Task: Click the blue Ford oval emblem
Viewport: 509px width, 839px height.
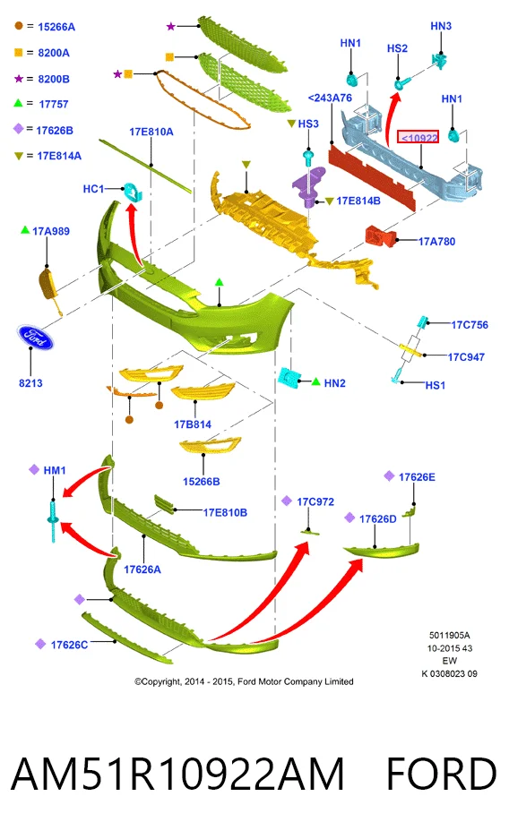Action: pyautogui.click(x=35, y=337)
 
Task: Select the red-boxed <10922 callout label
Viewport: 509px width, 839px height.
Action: pyautogui.click(x=418, y=138)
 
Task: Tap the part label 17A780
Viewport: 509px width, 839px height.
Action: pyautogui.click(x=436, y=242)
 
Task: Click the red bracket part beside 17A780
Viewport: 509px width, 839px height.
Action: pyautogui.click(x=381, y=235)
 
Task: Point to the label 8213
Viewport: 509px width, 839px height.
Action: pyautogui.click(x=30, y=383)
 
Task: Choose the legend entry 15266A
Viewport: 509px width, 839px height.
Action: pyautogui.click(x=56, y=27)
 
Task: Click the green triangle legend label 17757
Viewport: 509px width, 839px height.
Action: pyautogui.click(x=54, y=105)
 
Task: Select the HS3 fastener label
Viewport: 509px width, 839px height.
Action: pyautogui.click(x=308, y=124)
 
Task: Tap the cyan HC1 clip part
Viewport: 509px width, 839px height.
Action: pyautogui.click(x=132, y=191)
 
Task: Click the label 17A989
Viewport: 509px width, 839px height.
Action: pyautogui.click(x=51, y=231)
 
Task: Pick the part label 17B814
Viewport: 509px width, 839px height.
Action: pyautogui.click(x=193, y=424)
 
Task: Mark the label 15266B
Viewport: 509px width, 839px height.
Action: pyautogui.click(x=202, y=482)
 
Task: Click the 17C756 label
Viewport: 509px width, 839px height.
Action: pyautogui.click(x=470, y=325)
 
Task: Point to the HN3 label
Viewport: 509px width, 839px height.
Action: pyautogui.click(x=441, y=26)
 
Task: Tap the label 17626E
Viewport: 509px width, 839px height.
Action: pyautogui.click(x=417, y=476)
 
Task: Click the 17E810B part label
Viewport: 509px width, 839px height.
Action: pyautogui.click(x=225, y=512)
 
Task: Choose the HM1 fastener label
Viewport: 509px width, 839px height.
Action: pyautogui.click(x=55, y=470)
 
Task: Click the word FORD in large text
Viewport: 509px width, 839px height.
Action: pyautogui.click(x=442, y=775)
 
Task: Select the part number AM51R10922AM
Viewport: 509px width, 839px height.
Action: pyautogui.click(x=177, y=775)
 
